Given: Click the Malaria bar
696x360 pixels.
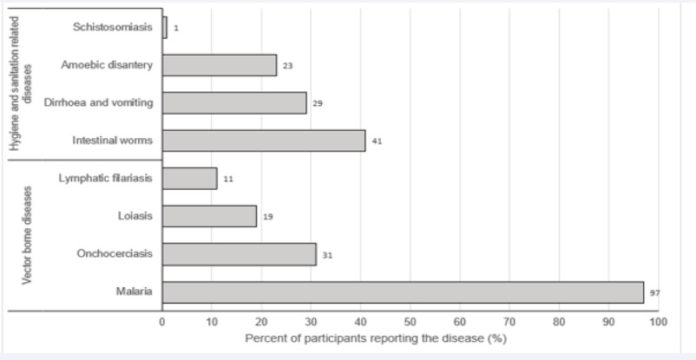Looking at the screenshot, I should (x=403, y=292).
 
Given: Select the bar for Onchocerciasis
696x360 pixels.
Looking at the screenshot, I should (x=239, y=254).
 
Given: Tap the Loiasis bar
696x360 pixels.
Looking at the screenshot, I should (x=209, y=216).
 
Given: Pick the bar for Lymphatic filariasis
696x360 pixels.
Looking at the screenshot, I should (x=189, y=178).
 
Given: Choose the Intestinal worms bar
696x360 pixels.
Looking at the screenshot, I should (x=264, y=141).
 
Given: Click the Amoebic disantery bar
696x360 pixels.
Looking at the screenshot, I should (x=220, y=65).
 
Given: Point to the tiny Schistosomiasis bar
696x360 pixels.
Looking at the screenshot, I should (x=165, y=28).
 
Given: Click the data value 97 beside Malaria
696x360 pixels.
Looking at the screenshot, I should (x=655, y=293).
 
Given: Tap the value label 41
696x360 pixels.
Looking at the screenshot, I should (x=377, y=141).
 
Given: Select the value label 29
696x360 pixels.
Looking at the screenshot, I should (x=318, y=103).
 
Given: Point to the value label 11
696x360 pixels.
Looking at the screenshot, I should (x=228, y=179).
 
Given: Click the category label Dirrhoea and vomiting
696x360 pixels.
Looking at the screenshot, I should (x=99, y=102).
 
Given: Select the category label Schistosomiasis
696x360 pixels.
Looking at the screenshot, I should (x=113, y=27).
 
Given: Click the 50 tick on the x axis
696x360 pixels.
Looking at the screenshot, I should (x=410, y=322).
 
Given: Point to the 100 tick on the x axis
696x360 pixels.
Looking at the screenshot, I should (x=658, y=322).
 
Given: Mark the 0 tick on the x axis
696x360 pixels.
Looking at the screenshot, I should (x=162, y=322).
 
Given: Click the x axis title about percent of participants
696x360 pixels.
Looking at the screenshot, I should (x=375, y=337).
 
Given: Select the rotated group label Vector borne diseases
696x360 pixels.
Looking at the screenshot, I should (x=27, y=233).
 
